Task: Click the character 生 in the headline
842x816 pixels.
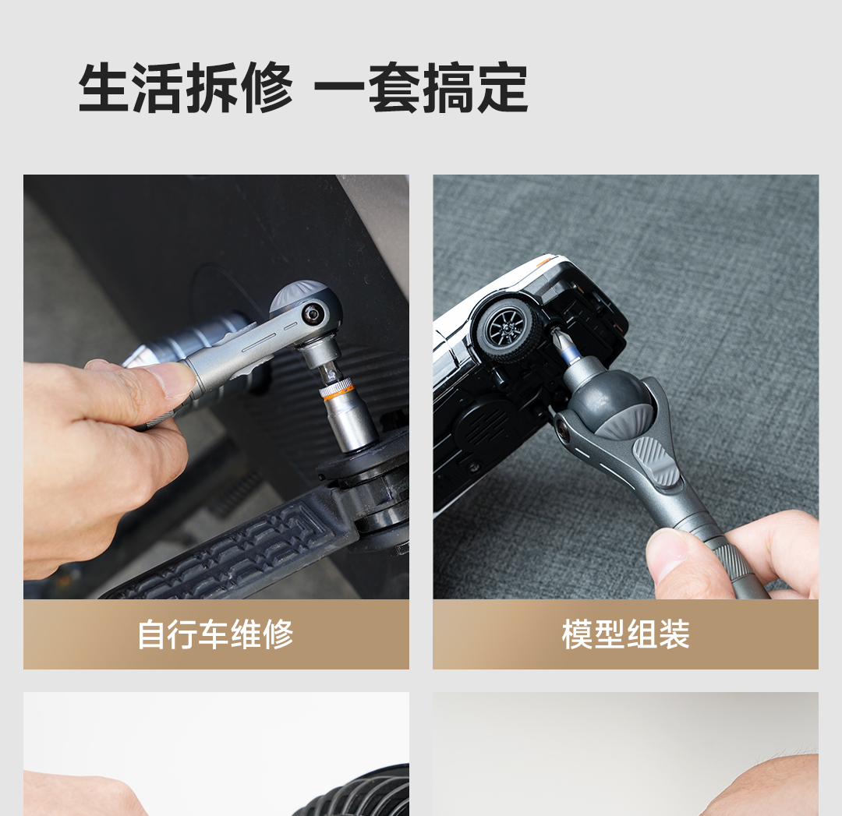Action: tap(104, 88)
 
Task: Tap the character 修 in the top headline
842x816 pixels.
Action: tap(267, 88)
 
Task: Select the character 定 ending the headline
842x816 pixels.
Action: tap(501, 88)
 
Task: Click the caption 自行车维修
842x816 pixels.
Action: tap(215, 634)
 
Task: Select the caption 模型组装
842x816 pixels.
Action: tap(625, 634)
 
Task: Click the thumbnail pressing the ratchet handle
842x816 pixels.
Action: tap(175, 377)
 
